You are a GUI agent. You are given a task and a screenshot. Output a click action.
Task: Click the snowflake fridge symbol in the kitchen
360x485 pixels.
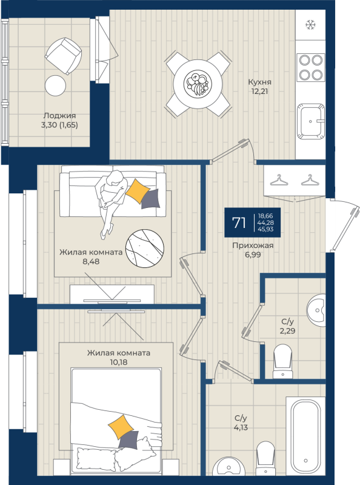point(311,25)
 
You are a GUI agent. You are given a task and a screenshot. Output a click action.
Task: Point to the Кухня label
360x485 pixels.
point(259,82)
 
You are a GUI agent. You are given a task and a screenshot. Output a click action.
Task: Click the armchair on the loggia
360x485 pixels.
point(63,53)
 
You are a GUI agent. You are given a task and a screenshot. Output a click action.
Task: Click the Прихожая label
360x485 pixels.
point(253,246)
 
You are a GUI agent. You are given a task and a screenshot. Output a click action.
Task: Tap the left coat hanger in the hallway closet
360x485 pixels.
point(278,181)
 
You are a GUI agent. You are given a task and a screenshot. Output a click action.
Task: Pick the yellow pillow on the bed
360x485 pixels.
point(121,426)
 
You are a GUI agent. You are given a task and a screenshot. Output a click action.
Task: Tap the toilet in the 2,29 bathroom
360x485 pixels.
point(283,358)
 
